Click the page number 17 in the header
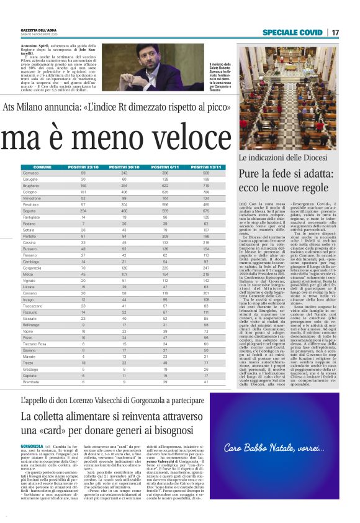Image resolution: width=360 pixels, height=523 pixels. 335,32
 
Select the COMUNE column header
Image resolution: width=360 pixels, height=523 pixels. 42,167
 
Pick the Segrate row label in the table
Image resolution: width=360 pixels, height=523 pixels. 29,211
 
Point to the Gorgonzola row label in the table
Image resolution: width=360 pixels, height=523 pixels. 32,267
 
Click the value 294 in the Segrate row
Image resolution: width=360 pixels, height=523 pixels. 83,211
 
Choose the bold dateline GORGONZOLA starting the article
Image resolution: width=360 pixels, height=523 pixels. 32,446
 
